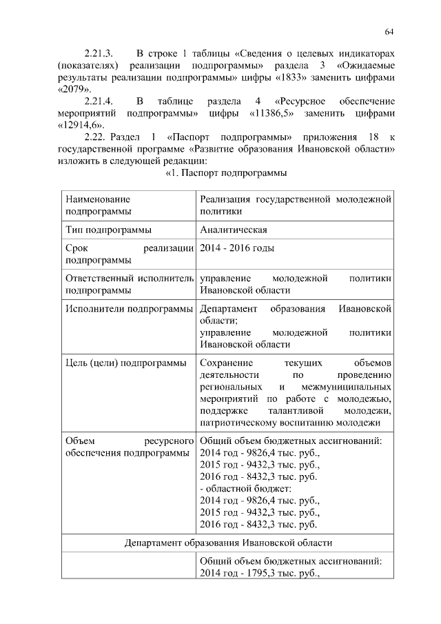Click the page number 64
click(x=389, y=32)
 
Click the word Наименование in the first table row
click(x=96, y=199)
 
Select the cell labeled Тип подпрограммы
click(x=109, y=230)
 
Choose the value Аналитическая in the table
click(x=234, y=230)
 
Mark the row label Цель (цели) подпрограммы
click(x=125, y=363)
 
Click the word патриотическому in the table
click(x=236, y=424)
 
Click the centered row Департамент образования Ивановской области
click(x=228, y=543)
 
